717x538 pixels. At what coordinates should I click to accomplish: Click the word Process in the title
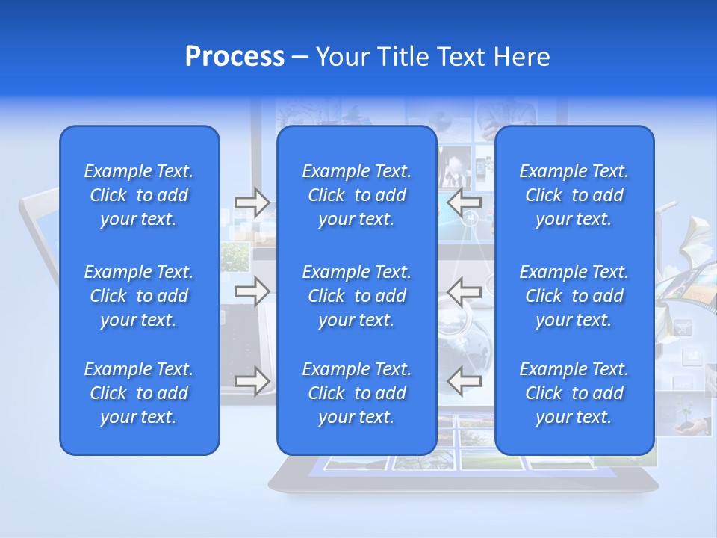[x=235, y=57]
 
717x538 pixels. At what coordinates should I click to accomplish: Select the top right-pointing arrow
[x=252, y=202]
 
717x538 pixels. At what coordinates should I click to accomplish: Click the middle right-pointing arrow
[x=252, y=291]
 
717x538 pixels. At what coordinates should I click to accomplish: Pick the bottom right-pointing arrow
[x=252, y=380]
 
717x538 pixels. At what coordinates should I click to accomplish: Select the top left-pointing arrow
[x=464, y=202]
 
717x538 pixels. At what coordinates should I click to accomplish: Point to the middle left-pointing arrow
[x=464, y=291]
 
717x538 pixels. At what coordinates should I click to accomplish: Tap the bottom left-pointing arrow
[x=464, y=380]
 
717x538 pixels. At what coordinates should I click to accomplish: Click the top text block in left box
[x=139, y=195]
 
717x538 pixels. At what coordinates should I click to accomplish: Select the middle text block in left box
[x=139, y=296]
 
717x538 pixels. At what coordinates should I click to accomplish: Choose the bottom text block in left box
[x=139, y=393]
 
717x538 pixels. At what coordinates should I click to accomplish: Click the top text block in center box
[x=356, y=195]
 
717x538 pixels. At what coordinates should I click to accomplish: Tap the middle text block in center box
[x=356, y=296]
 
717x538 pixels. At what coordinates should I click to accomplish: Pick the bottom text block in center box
[x=356, y=393]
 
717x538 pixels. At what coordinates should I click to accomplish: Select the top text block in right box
[x=574, y=195]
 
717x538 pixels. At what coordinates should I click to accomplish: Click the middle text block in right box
[x=574, y=296]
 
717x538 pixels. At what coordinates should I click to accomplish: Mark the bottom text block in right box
[x=574, y=393]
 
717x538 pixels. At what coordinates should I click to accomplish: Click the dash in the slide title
[x=299, y=58]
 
